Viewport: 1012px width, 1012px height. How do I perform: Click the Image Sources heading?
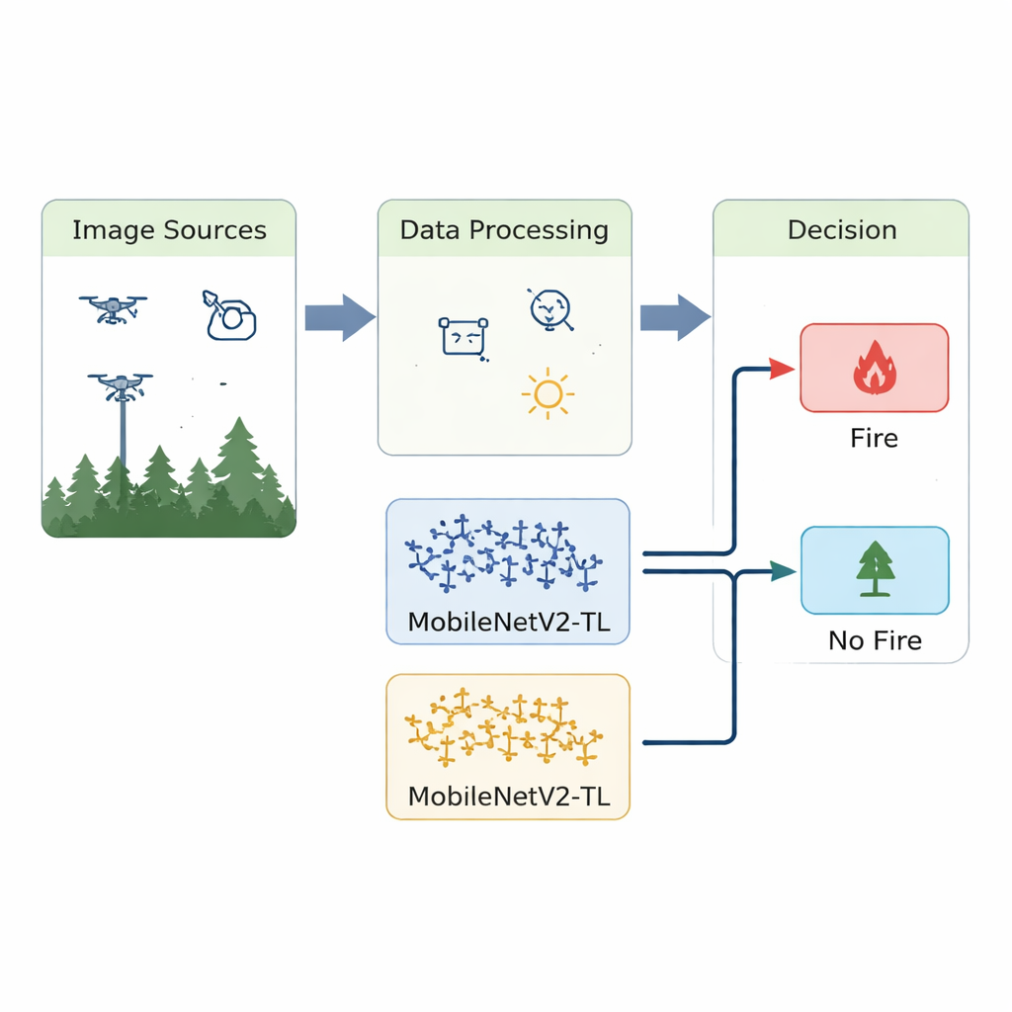(169, 230)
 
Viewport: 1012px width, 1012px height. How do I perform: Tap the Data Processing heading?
(504, 230)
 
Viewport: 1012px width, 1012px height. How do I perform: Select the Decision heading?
(842, 230)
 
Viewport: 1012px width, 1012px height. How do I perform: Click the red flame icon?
(875, 367)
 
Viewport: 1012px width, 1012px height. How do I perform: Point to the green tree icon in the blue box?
(875, 568)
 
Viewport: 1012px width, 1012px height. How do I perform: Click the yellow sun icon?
(547, 395)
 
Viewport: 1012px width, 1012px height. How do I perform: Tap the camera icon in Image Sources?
(230, 315)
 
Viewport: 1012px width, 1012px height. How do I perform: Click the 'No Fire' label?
(875, 640)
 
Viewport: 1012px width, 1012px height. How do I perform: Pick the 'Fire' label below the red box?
(875, 438)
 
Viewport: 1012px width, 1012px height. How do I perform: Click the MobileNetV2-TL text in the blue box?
(507, 623)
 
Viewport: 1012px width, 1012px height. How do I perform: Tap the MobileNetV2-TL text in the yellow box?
(507, 797)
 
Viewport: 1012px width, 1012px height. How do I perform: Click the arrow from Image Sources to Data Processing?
(339, 318)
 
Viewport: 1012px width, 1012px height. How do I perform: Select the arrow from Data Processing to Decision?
(675, 318)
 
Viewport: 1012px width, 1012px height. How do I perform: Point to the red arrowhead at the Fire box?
(782, 370)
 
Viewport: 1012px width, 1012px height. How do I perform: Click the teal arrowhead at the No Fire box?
(783, 570)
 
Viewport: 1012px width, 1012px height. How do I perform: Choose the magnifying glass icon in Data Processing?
(548, 308)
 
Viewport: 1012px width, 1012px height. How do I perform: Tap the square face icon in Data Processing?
(464, 337)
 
